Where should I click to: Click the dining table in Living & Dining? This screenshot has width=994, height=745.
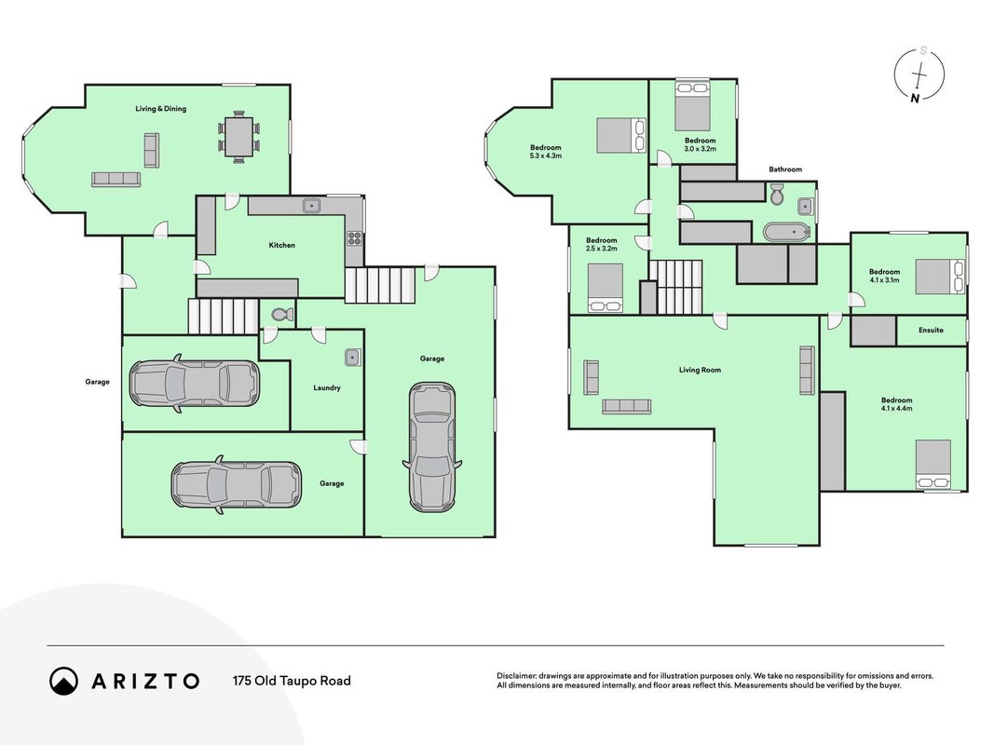tap(239, 137)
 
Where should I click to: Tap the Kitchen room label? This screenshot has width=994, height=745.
tap(282, 245)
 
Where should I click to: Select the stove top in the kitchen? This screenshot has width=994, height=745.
tap(354, 238)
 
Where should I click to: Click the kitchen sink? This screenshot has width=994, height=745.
tap(311, 205)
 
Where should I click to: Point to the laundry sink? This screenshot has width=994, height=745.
tap(353, 358)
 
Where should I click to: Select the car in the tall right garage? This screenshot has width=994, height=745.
tap(432, 447)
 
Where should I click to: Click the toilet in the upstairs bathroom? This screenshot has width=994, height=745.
tap(777, 193)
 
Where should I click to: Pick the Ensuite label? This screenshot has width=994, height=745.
tap(931, 330)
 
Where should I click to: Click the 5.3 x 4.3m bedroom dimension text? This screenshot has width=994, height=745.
tap(546, 156)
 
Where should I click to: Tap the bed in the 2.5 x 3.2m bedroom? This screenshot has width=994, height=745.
tap(606, 289)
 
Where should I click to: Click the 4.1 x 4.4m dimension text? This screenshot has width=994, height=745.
tap(896, 409)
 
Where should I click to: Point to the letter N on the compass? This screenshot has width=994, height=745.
tap(915, 98)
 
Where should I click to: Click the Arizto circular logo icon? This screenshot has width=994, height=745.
tap(63, 681)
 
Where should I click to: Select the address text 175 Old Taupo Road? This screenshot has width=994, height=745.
tap(292, 681)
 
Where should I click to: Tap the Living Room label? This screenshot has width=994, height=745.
tap(700, 370)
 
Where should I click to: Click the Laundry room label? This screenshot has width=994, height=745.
tap(327, 387)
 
